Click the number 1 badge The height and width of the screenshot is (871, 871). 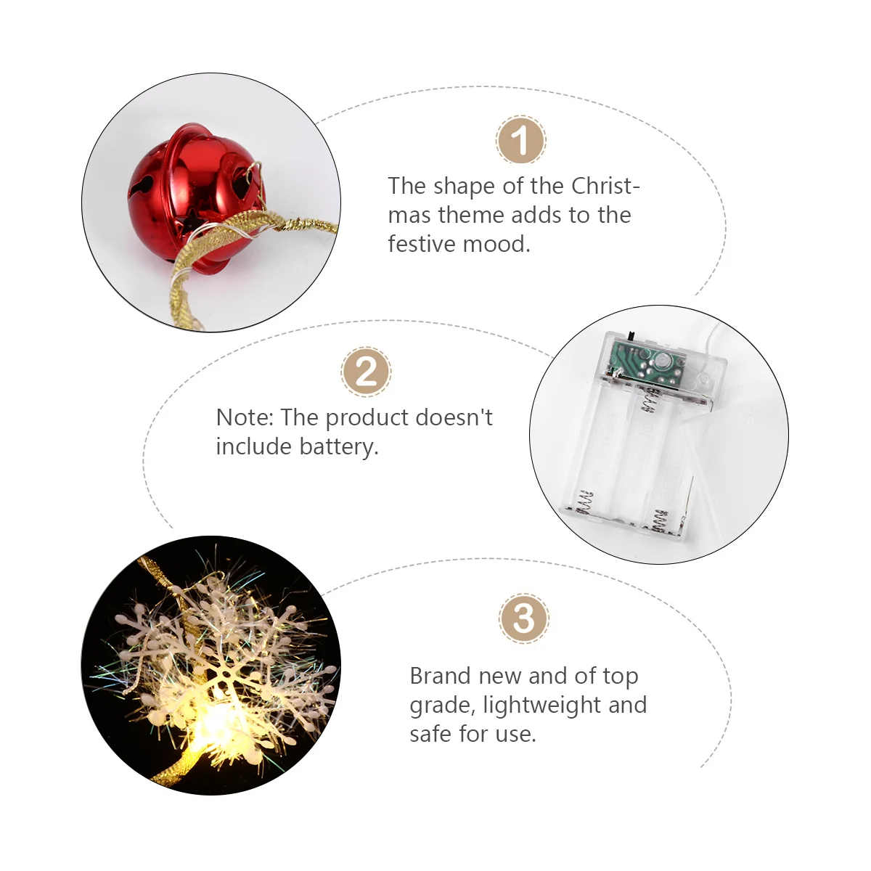point(520,139)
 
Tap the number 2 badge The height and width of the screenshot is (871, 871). point(366,372)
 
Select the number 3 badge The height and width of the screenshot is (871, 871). point(524,618)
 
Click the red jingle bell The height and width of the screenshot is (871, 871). point(195,199)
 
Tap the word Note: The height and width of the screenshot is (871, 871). point(245,417)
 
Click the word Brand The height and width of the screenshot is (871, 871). point(441,676)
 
